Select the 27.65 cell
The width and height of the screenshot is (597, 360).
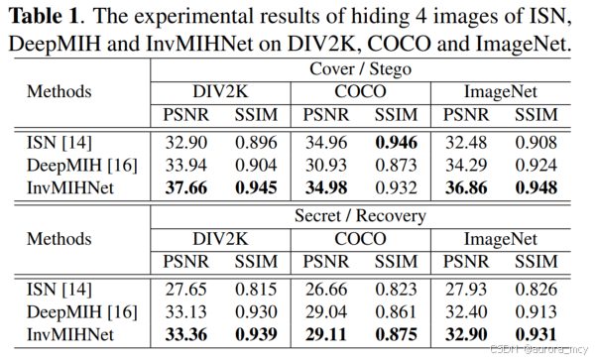(186, 289)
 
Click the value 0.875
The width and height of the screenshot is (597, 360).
(395, 332)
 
